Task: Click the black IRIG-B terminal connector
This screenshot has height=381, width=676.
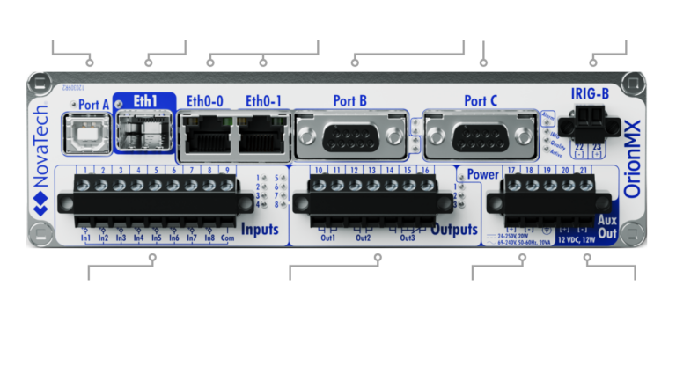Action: pyautogui.click(x=584, y=116)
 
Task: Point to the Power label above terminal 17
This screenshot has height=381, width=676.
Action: pyautogui.click(x=482, y=172)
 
